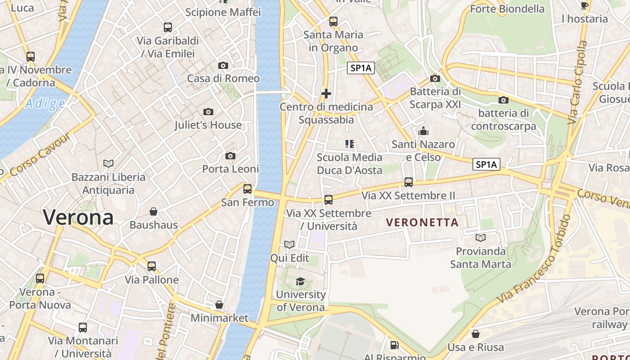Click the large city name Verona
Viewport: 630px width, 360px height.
(78, 218)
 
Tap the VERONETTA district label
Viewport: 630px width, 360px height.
(423, 222)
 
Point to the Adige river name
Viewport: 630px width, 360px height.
(45, 104)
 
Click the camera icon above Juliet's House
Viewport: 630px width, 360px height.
(208, 112)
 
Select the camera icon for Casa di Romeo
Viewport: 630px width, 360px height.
(223, 66)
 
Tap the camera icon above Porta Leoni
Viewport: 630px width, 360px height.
(230, 156)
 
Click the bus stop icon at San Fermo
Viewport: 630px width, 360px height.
(247, 189)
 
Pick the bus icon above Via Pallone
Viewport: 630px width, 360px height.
(152, 266)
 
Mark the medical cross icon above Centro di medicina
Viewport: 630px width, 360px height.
(326, 94)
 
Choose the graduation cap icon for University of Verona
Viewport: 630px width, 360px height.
(300, 282)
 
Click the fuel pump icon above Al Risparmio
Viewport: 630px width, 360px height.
(395, 345)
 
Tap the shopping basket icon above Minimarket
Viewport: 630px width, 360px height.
(219, 305)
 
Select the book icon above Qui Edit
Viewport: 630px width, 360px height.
(289, 244)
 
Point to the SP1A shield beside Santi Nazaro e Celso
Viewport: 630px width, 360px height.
(486, 165)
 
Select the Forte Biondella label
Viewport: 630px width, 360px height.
(507, 9)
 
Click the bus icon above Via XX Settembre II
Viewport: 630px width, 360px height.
(409, 182)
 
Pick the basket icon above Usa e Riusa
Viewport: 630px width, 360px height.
(476, 334)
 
